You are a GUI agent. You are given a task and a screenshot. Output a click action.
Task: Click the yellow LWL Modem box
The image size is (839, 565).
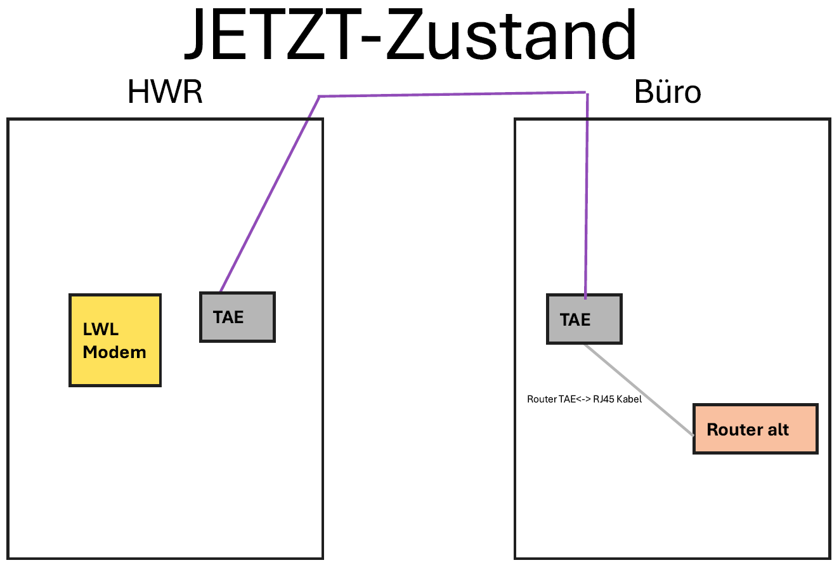(x=115, y=340)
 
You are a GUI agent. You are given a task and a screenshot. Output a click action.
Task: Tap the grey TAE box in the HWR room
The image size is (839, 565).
(x=237, y=317)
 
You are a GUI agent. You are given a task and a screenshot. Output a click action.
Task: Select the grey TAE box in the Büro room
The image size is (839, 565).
(x=584, y=319)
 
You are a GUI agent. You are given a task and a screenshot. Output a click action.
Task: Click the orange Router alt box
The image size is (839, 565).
(x=755, y=429)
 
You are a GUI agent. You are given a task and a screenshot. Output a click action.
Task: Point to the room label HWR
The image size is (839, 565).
(x=165, y=93)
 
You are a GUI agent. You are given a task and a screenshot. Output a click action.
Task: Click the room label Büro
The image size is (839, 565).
(x=667, y=93)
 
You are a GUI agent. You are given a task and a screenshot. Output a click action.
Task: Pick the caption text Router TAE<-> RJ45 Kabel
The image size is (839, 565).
(x=584, y=400)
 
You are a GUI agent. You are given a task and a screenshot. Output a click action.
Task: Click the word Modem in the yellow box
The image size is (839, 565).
(x=115, y=352)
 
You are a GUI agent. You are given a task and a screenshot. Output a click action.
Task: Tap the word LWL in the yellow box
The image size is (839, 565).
(x=101, y=330)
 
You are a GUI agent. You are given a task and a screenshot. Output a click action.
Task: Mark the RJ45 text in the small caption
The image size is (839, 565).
(x=603, y=400)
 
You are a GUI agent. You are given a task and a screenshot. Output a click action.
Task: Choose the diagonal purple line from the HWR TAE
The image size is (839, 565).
(x=270, y=194)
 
